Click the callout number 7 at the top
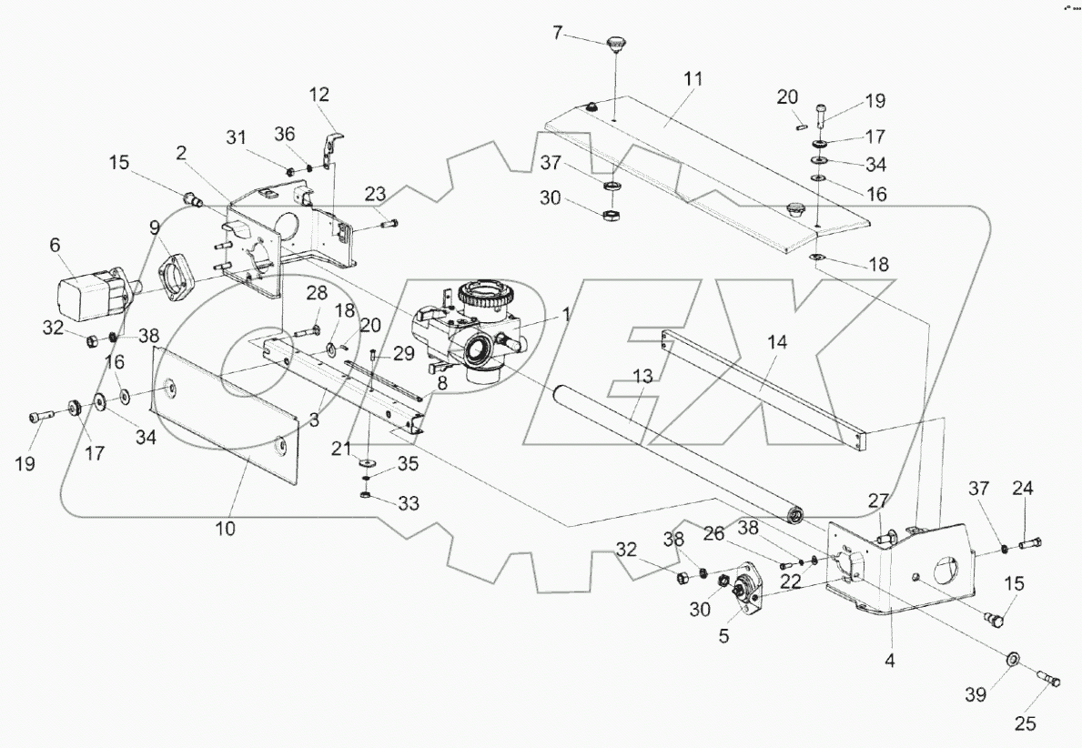(558, 33)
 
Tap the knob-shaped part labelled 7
(618, 42)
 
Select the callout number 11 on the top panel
(693, 79)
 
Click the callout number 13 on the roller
(643, 376)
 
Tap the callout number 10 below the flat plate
(225, 528)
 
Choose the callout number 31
(237, 136)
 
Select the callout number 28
(316, 293)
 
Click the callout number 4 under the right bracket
(890, 662)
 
